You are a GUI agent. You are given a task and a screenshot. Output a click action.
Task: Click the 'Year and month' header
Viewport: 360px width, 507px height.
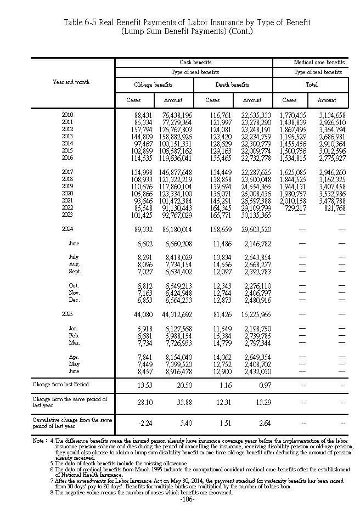click(71, 82)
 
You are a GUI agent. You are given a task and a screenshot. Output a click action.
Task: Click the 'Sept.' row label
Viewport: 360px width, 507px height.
click(75, 271)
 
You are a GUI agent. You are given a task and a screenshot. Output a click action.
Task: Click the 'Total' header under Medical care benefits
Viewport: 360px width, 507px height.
click(311, 85)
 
